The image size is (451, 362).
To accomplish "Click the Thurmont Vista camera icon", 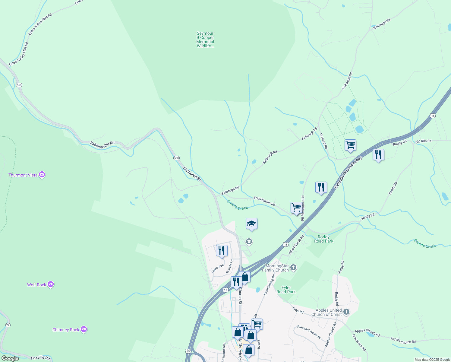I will click(x=42, y=175).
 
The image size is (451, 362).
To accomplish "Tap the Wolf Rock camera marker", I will click(x=51, y=284).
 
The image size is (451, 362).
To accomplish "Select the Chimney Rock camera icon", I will click(x=84, y=329).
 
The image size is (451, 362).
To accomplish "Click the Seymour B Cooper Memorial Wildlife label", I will click(x=205, y=40).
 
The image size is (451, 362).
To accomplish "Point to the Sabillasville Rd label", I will click(x=102, y=145).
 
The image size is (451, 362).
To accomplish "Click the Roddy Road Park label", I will click(x=323, y=239).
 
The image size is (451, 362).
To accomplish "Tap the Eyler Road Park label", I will click(x=286, y=290).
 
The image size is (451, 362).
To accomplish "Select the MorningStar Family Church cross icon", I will click(x=293, y=267).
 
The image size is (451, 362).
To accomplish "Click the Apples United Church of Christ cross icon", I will click(x=346, y=312).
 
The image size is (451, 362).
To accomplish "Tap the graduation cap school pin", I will click(x=251, y=224).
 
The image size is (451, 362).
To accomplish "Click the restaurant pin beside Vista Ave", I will click(x=222, y=250).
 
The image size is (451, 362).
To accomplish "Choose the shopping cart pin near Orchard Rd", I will click(x=350, y=145).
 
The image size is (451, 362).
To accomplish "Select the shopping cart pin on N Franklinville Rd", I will click(x=297, y=208).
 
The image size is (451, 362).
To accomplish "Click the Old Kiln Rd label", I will click(x=423, y=141).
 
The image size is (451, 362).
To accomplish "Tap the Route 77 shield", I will click(x=8, y=325).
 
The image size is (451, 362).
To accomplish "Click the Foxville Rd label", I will click(x=40, y=358).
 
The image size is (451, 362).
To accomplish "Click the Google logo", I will click(x=10, y=358).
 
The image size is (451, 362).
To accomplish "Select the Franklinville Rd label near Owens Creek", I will click(x=264, y=201).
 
